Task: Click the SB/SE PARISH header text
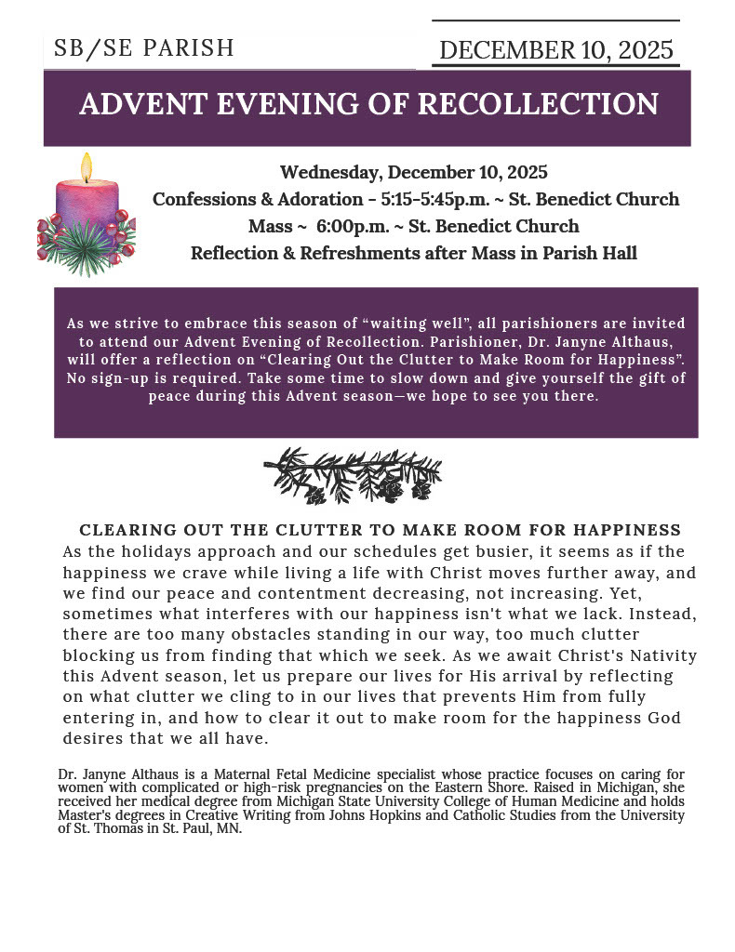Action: coord(144,48)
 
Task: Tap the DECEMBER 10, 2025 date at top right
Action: coord(555,50)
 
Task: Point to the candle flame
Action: coord(87,167)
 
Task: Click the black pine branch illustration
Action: coord(354,475)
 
